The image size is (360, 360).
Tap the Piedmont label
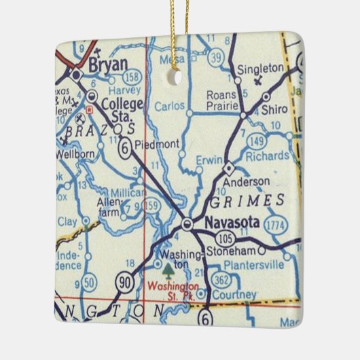tap(158, 144)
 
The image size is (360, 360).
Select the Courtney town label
tap(234, 295)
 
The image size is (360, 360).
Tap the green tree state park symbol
tap(169, 276)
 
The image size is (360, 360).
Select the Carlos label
tap(169, 106)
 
